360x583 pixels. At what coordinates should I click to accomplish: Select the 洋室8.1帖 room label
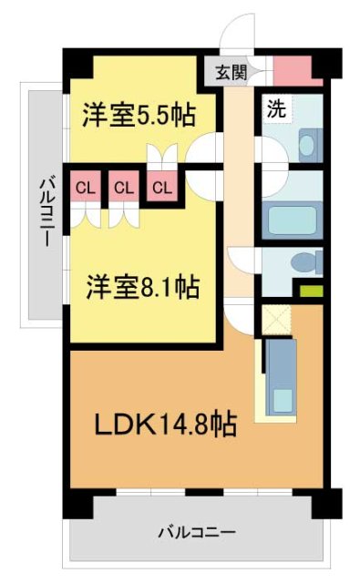click(144, 287)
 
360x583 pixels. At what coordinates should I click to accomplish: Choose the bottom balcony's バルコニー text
click(196, 531)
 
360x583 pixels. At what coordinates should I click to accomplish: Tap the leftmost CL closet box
click(85, 188)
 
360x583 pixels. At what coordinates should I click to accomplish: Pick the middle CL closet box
click(124, 188)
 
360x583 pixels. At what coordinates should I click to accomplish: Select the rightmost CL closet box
click(162, 188)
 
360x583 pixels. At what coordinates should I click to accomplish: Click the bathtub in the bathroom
click(291, 220)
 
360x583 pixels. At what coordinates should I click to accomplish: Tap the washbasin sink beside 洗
click(307, 143)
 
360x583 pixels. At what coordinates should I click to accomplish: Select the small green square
click(312, 292)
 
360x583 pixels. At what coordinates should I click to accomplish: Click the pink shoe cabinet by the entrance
click(293, 70)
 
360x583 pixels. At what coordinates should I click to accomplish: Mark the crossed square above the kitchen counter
click(273, 319)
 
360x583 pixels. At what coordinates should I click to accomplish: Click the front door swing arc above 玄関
click(238, 38)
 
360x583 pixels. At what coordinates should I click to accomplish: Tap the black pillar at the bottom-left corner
click(76, 502)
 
